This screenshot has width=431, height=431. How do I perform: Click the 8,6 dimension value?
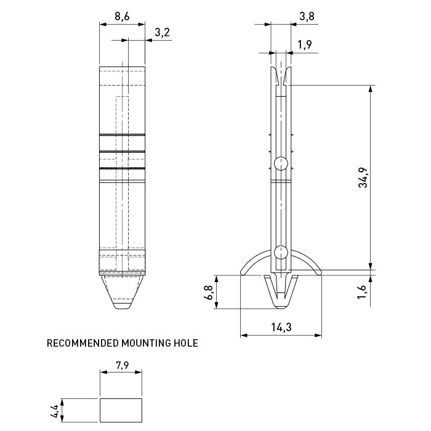tap(122, 17)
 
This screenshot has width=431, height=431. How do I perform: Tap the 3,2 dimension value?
tap(163, 33)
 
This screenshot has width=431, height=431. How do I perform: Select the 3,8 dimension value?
tap(307, 17)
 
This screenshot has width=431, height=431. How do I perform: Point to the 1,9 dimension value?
tap(305, 44)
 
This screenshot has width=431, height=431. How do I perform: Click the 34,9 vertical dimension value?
tap(363, 177)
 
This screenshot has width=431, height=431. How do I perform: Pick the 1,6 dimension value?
tap(362, 292)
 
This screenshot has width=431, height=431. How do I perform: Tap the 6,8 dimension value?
tap(209, 292)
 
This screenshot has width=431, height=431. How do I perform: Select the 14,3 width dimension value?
tap(281, 327)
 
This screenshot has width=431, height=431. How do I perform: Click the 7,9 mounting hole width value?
tap(122, 365)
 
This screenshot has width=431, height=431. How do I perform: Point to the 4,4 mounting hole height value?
tap(55, 411)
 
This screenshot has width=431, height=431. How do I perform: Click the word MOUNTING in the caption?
tap(146, 343)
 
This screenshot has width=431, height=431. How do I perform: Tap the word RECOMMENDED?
tap(83, 343)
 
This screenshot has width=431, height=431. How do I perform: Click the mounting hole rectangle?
tap(121, 398)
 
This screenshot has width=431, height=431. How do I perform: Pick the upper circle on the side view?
tap(281, 163)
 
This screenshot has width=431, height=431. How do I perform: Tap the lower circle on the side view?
tap(281, 252)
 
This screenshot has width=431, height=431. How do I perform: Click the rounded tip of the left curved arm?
tap(243, 273)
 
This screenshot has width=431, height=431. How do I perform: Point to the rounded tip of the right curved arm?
tap(319, 273)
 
